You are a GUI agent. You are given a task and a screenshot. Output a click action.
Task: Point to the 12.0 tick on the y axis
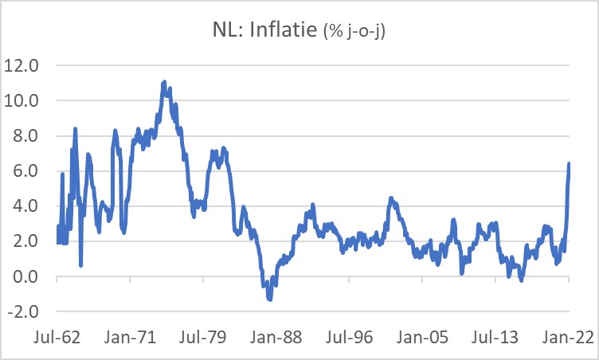(x=22, y=65)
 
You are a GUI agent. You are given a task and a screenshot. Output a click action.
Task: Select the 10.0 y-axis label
(x=22, y=100)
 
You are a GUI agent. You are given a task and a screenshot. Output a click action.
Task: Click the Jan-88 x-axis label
(x=311, y=337)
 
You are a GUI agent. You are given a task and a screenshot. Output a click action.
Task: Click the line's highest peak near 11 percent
(x=164, y=82)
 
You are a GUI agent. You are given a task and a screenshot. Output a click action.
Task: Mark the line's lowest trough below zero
(x=270, y=299)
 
